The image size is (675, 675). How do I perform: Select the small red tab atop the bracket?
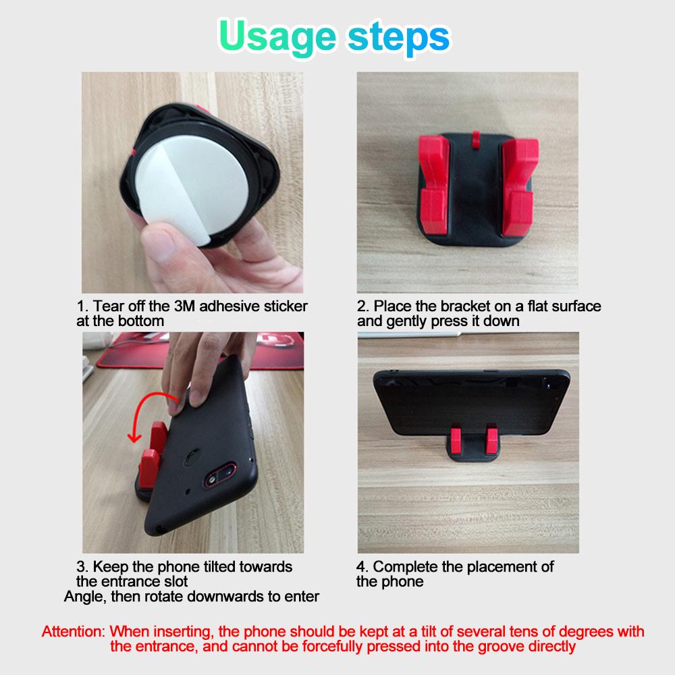click(x=476, y=140)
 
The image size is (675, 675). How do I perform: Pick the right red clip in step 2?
click(x=519, y=186)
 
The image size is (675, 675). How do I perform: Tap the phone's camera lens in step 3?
click(x=213, y=479)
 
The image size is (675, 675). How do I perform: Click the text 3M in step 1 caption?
click(x=184, y=306)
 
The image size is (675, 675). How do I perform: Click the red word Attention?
click(x=73, y=632)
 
